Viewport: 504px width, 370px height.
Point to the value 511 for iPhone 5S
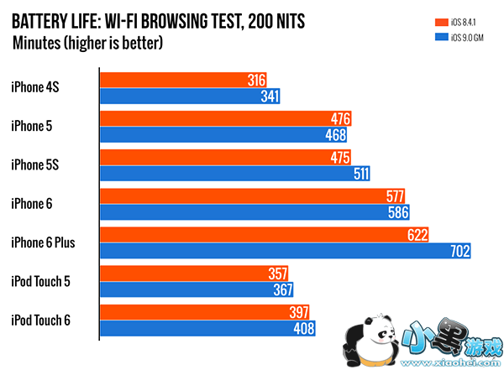pyautogui.click(x=360, y=174)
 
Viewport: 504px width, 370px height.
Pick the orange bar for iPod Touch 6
pyautogui.click(x=202, y=312)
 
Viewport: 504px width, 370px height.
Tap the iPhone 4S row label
pyautogui.click(x=34, y=85)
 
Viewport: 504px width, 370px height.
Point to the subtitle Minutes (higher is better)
pyautogui.click(x=87, y=42)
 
